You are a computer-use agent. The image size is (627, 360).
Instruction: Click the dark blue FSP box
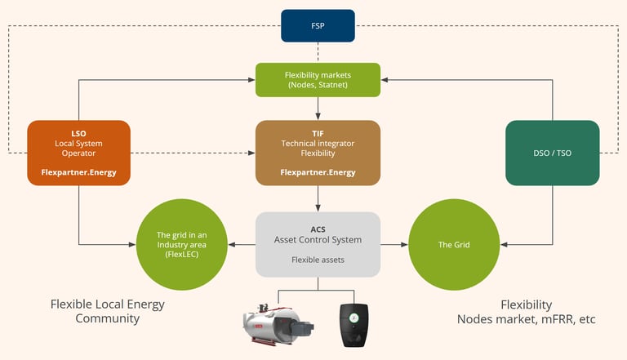tap(318, 25)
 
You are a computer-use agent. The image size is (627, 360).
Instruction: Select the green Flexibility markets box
tap(318, 80)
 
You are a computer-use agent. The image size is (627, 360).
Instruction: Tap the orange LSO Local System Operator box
tap(78, 152)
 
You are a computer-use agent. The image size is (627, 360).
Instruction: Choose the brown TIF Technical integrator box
tap(318, 152)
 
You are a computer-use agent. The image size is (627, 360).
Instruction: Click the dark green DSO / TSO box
tap(554, 152)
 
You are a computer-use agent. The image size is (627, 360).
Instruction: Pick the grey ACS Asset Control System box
tap(318, 244)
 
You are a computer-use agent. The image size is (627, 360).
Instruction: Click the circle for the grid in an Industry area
tap(182, 244)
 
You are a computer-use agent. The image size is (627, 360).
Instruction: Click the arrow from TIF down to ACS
tap(318, 198)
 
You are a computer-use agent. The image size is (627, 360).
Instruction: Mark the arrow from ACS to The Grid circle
tap(394, 244)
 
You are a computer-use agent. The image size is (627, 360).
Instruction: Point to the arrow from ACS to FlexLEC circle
tap(242, 244)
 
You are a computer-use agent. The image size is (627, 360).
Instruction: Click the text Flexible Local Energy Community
tap(107, 311)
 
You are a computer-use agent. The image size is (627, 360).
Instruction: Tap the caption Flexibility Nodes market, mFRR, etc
tap(526, 311)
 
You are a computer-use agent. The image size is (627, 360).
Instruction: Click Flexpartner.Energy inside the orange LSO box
tap(78, 172)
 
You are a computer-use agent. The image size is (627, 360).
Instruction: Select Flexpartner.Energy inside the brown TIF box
tap(318, 172)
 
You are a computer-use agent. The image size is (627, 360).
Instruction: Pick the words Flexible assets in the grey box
tap(318, 261)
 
